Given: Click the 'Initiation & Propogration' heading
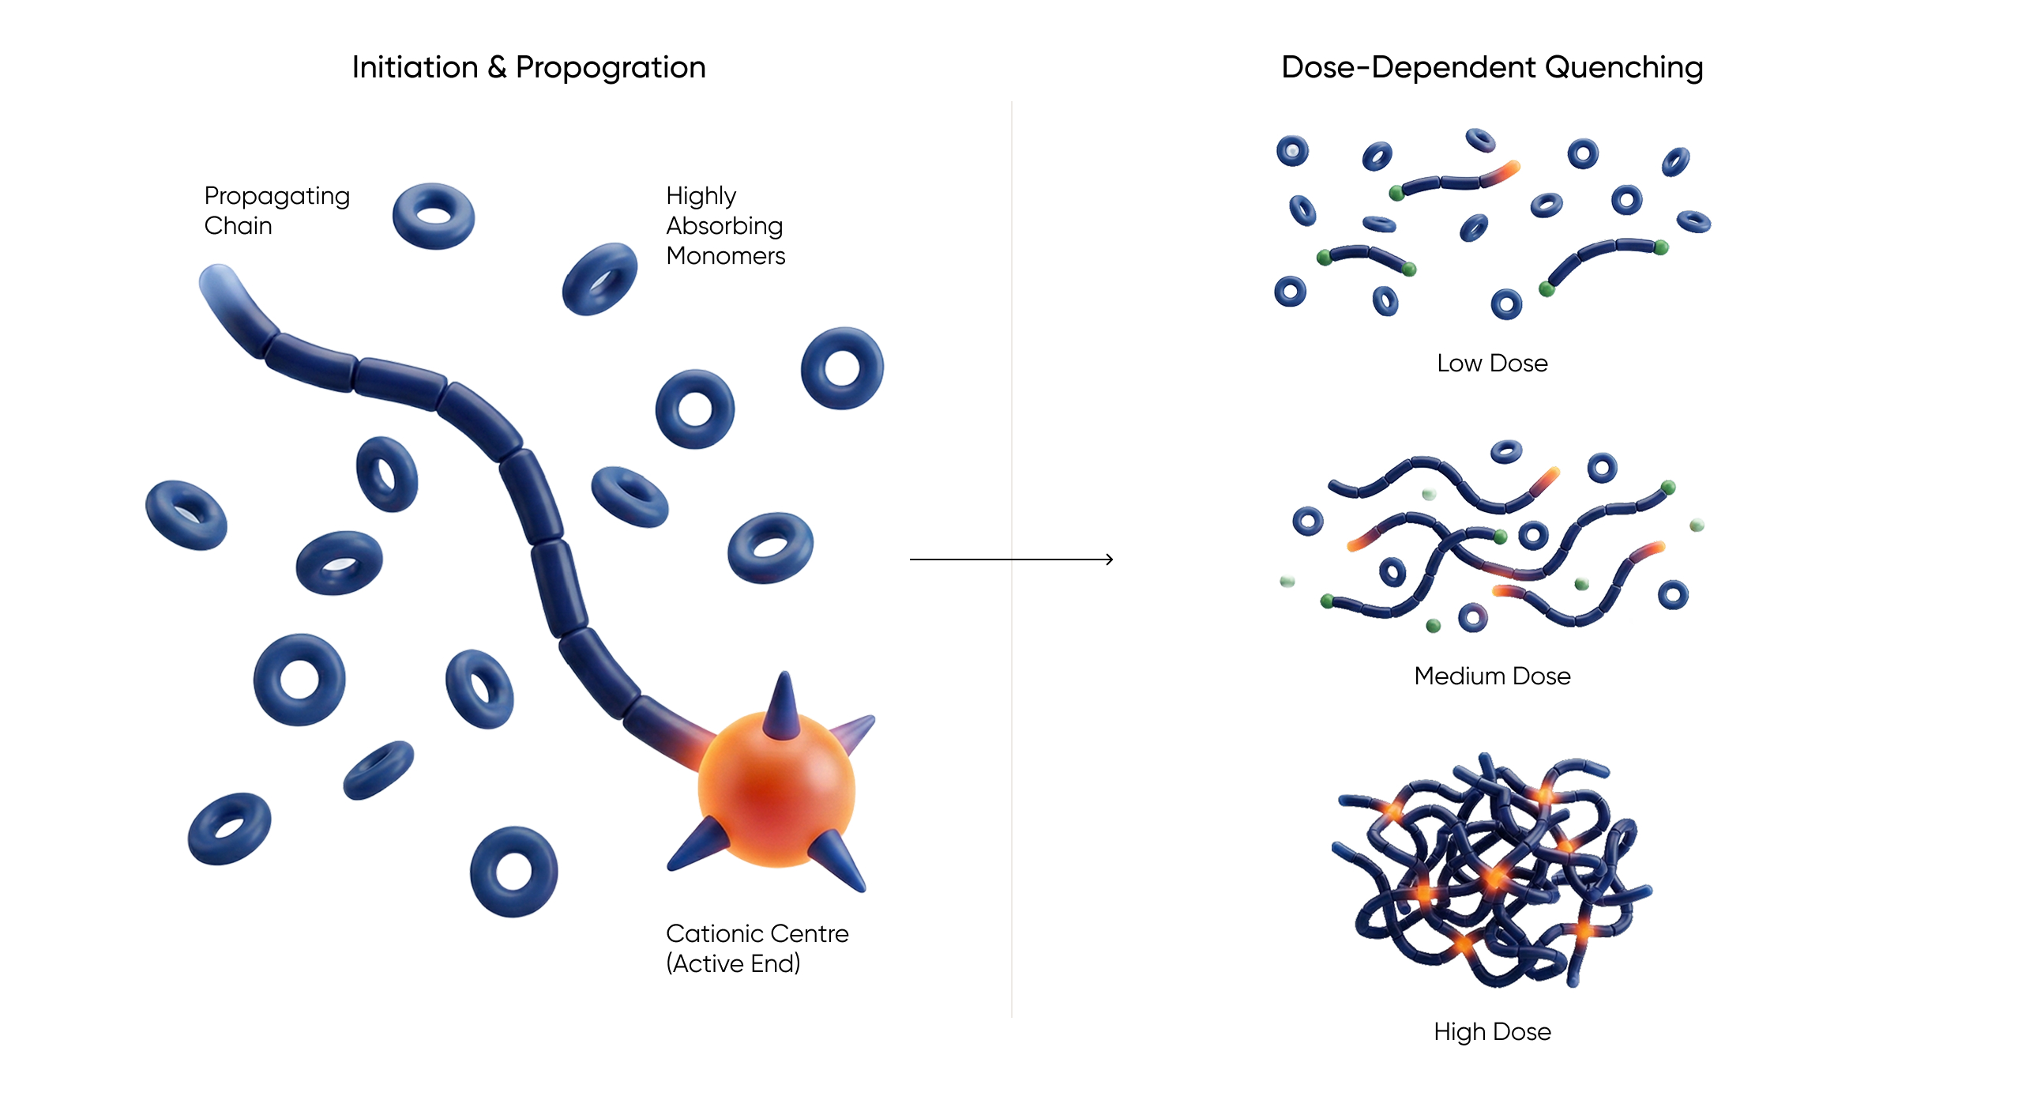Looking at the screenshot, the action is (x=528, y=68).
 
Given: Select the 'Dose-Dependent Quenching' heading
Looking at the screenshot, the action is (x=1491, y=68).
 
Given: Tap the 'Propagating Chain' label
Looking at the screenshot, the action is (x=276, y=210).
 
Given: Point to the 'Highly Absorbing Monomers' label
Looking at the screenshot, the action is (x=725, y=225).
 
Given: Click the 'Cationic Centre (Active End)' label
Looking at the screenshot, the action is (x=756, y=948).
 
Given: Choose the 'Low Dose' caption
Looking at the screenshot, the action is (x=1491, y=364).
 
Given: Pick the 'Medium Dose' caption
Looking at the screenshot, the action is (x=1491, y=676).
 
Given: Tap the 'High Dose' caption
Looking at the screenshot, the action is (x=1491, y=1032).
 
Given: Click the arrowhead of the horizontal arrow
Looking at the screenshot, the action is (x=1109, y=559).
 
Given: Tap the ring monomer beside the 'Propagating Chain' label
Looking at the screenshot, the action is (x=434, y=216).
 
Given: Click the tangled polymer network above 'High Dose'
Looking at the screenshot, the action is (x=1491, y=869).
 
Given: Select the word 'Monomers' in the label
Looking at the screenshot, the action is (x=725, y=256).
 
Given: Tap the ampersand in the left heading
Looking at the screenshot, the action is (x=497, y=68).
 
